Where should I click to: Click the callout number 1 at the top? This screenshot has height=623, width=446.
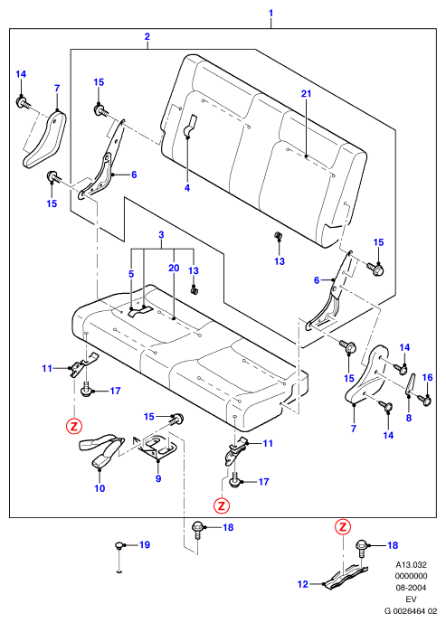(270, 13)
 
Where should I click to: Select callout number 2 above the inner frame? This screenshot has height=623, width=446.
(147, 36)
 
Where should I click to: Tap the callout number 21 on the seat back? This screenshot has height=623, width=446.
(306, 93)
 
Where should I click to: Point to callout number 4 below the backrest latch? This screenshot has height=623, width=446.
(187, 187)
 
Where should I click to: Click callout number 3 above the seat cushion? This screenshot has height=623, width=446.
(161, 235)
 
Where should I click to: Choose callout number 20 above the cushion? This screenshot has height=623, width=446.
(174, 269)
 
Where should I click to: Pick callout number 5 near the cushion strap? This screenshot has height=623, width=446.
(131, 274)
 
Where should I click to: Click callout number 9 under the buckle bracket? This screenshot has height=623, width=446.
(158, 478)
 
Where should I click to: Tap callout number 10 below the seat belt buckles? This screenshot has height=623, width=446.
(100, 488)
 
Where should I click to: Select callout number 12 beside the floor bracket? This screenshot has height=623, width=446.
(303, 584)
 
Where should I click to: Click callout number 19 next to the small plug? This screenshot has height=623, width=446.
(145, 544)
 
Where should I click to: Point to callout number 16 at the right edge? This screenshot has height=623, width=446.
(427, 377)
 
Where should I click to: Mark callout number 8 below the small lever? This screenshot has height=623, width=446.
(409, 418)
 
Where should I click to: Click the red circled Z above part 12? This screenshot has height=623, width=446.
(343, 527)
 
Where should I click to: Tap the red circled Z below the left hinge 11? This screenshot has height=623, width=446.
(74, 426)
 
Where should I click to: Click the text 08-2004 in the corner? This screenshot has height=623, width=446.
(411, 587)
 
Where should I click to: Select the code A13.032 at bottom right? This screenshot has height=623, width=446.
(411, 564)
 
